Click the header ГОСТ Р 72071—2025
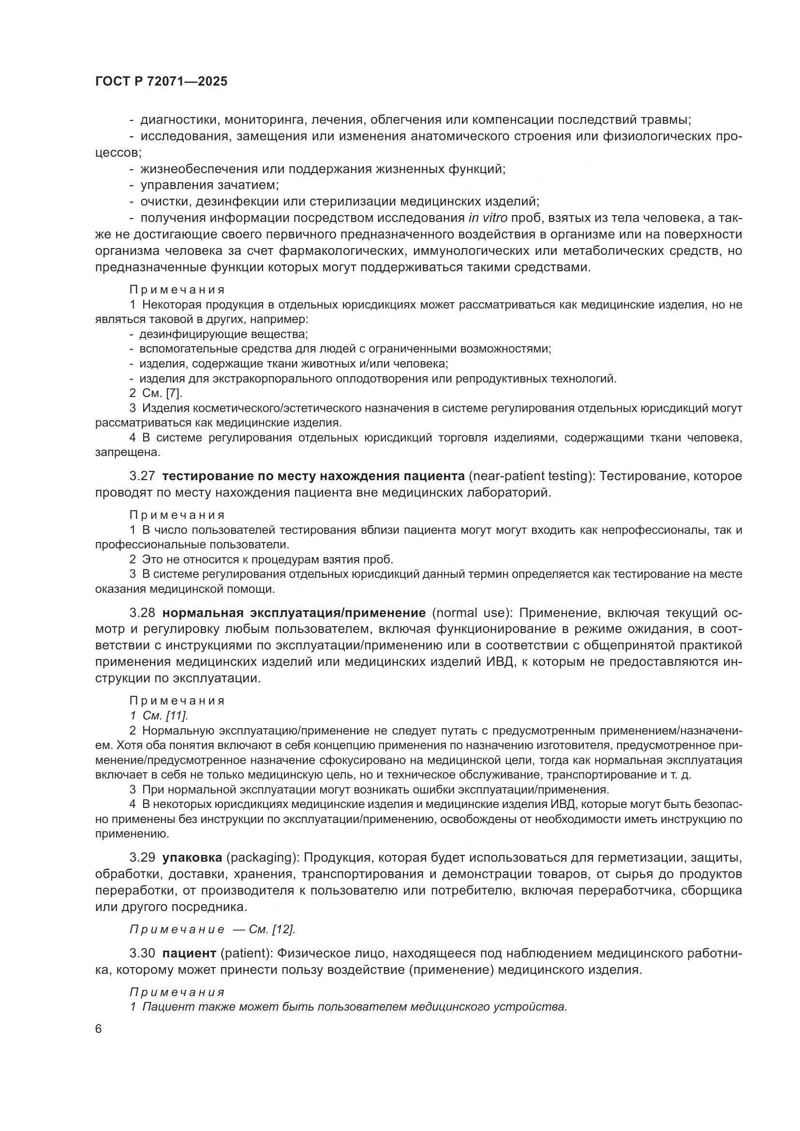[161, 82]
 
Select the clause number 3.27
[142, 476]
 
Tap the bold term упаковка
[192, 858]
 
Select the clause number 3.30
[142, 953]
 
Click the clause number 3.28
[142, 613]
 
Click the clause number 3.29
[142, 858]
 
